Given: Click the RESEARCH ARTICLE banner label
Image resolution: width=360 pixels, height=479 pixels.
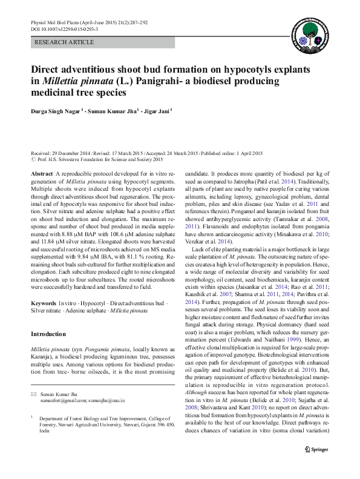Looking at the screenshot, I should [x=65, y=42].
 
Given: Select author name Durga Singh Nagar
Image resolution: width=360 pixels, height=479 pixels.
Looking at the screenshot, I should [x=55, y=111].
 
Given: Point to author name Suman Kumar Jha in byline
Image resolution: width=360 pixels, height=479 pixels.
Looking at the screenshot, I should [x=113, y=111].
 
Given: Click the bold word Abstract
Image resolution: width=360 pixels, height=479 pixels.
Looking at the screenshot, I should [x=41, y=173].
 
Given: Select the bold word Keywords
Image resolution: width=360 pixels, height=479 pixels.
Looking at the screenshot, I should [x=44, y=301].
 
